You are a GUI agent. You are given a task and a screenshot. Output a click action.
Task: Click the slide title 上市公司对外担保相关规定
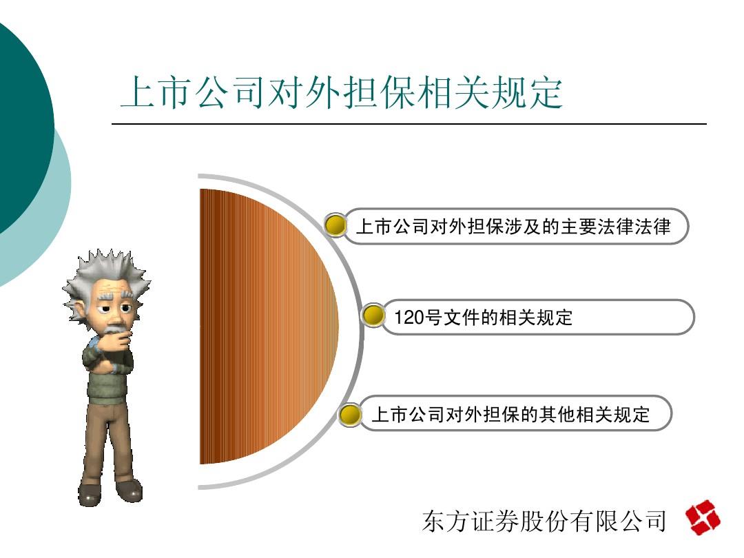(342, 92)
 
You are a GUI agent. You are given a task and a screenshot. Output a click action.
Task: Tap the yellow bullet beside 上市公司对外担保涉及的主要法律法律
(336, 225)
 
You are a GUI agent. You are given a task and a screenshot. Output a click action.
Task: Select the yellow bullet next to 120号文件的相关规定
(373, 316)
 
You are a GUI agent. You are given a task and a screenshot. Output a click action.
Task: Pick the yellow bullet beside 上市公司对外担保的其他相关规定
(350, 415)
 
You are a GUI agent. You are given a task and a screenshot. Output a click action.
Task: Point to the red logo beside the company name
(703, 517)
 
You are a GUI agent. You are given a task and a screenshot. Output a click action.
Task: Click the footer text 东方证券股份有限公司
(545, 521)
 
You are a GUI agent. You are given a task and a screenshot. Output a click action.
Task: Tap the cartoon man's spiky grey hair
(107, 275)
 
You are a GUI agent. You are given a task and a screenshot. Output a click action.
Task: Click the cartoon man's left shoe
(90, 493)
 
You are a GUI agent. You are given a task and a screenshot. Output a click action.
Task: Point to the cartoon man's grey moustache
(115, 327)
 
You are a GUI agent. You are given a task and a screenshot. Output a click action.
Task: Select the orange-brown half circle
(269, 327)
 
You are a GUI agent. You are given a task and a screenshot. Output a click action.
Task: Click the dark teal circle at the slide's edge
(23, 128)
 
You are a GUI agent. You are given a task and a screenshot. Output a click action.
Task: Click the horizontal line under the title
(409, 124)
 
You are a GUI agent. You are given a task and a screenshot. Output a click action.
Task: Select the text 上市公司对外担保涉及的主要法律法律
(513, 227)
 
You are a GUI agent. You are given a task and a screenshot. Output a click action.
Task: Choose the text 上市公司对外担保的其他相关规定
(510, 414)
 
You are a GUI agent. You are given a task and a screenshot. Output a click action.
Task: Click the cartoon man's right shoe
(129, 490)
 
